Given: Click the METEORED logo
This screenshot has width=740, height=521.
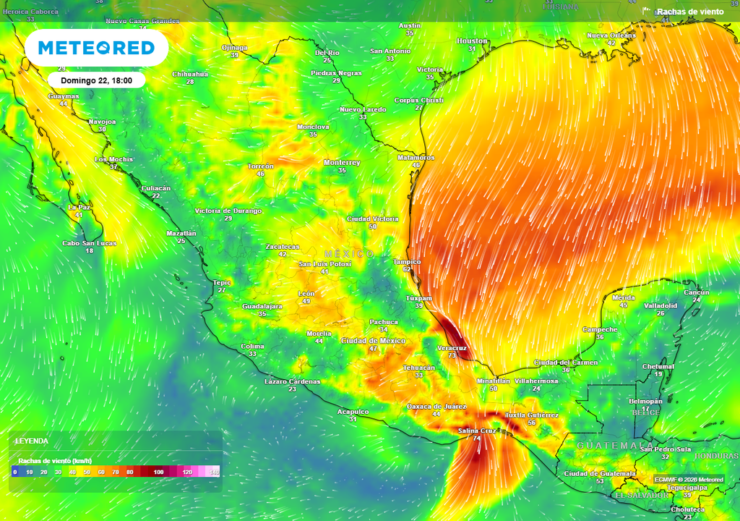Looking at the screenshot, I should [x=96, y=48].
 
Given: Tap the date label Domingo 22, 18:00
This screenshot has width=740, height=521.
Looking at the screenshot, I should [x=96, y=80].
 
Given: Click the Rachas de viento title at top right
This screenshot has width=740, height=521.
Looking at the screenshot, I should [x=689, y=12].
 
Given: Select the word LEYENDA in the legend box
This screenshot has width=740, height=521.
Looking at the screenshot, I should [x=33, y=441].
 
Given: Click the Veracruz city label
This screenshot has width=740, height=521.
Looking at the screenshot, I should [x=452, y=348].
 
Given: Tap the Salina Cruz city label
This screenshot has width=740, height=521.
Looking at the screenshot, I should [x=477, y=431].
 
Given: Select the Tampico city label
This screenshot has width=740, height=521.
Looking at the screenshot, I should [x=407, y=261].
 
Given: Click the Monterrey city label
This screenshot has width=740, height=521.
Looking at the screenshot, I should [x=342, y=162].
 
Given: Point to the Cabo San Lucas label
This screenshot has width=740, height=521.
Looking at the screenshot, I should [x=89, y=243].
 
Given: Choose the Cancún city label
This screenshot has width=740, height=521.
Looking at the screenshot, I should [x=697, y=292].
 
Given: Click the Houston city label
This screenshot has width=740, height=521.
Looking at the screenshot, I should [x=473, y=41].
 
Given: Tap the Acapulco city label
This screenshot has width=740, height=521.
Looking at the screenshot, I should [x=353, y=412].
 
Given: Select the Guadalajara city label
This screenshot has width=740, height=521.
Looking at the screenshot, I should [x=262, y=306].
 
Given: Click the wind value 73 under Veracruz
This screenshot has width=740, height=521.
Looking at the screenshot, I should [x=452, y=356].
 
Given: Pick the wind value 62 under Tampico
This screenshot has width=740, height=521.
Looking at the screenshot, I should [x=408, y=269].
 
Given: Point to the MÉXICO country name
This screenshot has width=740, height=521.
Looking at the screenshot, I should [x=349, y=253].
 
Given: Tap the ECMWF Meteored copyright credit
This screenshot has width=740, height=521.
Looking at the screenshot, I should [x=689, y=480].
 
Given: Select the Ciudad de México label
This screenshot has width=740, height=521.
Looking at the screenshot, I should [x=373, y=340].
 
